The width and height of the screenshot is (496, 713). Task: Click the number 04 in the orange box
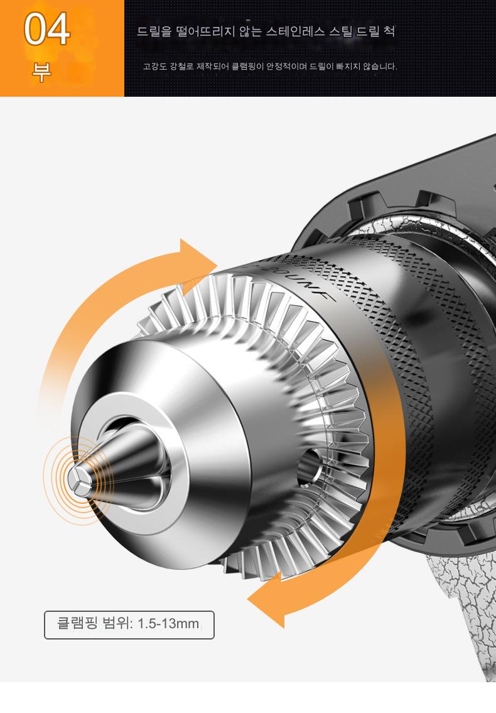click(47, 30)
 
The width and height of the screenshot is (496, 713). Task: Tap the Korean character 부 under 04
click(41, 72)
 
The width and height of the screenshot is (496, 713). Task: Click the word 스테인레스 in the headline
click(296, 31)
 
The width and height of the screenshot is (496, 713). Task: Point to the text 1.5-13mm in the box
click(168, 623)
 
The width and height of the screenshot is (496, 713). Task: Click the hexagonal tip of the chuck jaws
click(78, 479)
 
